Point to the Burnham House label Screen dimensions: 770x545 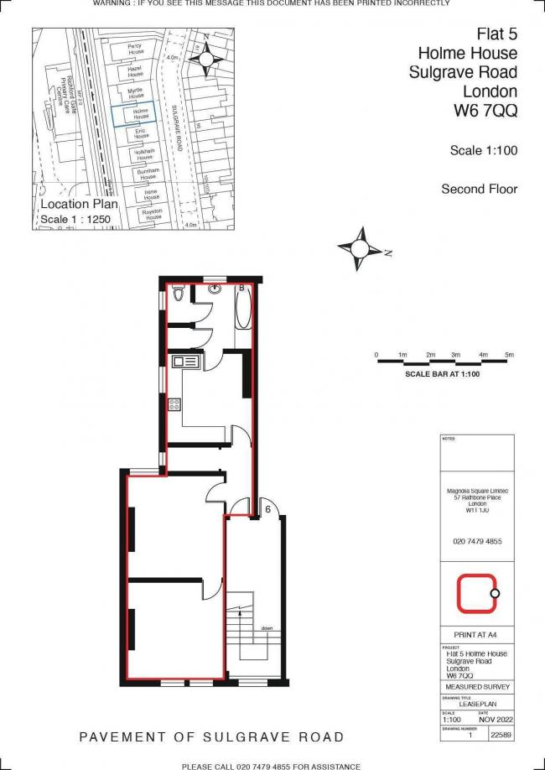148,174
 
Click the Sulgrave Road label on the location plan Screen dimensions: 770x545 177,130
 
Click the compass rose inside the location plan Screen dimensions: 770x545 205,58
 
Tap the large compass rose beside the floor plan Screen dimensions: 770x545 361,249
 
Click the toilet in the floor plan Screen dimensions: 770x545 178,295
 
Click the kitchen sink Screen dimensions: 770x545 184,362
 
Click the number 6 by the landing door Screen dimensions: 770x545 267,508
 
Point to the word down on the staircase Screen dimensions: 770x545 266,627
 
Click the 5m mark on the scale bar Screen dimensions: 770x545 509,356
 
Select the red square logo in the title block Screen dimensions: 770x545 475,593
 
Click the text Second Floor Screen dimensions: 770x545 480,190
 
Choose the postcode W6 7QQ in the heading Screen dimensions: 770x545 485,109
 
